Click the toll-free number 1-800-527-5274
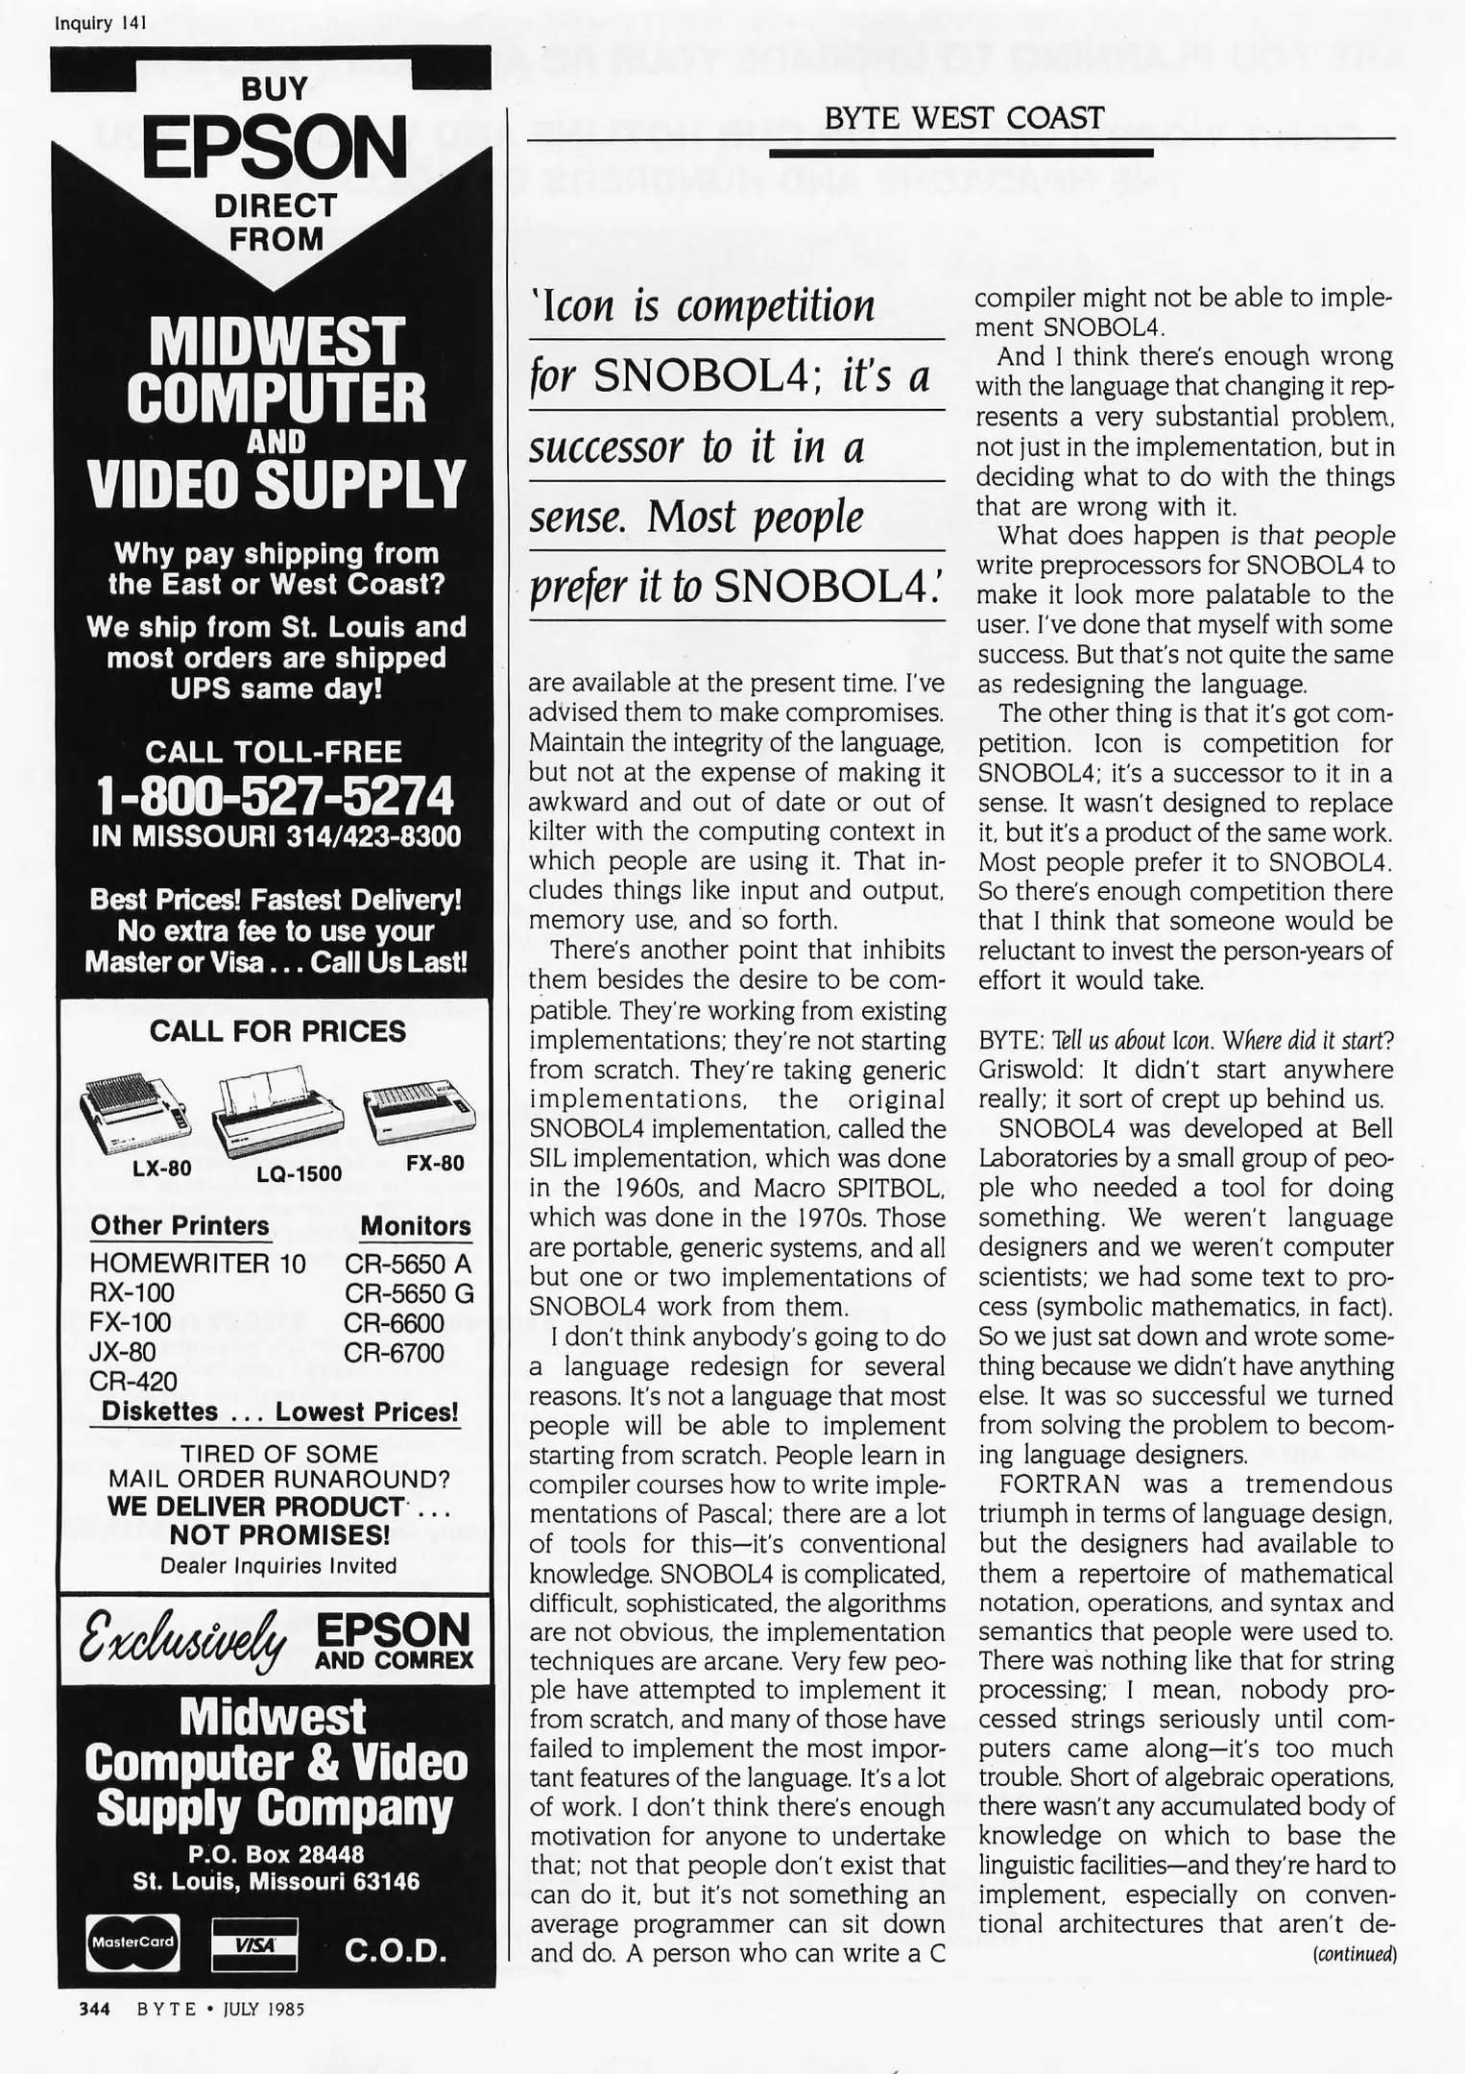[x=276, y=795]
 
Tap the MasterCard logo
[x=132, y=1941]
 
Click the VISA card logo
[x=254, y=1941]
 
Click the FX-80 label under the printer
[x=435, y=1163]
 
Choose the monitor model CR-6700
[x=395, y=1353]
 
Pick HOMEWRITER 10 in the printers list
[x=197, y=1264]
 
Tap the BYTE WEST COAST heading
[x=963, y=118]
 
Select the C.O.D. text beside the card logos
[x=396, y=1949]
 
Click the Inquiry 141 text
[x=101, y=23]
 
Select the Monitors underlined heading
[x=415, y=1226]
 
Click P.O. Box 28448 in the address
[x=276, y=1854]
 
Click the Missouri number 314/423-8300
[x=373, y=835]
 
